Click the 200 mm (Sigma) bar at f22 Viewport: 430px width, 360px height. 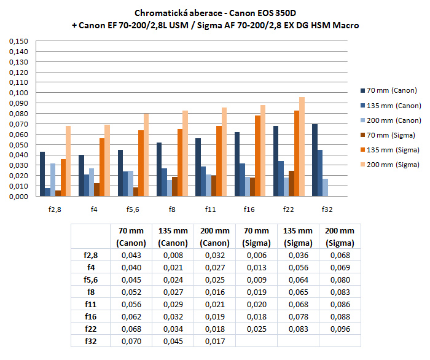point(302,147)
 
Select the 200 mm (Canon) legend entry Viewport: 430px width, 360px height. point(390,120)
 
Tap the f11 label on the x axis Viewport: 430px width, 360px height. point(211,209)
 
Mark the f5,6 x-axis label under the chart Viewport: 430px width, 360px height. point(133,209)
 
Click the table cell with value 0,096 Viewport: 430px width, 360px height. point(340,329)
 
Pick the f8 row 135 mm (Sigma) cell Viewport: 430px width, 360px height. point(298,292)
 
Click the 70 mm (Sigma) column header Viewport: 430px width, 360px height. point(256,237)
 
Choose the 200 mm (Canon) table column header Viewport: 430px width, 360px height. point(214,237)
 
